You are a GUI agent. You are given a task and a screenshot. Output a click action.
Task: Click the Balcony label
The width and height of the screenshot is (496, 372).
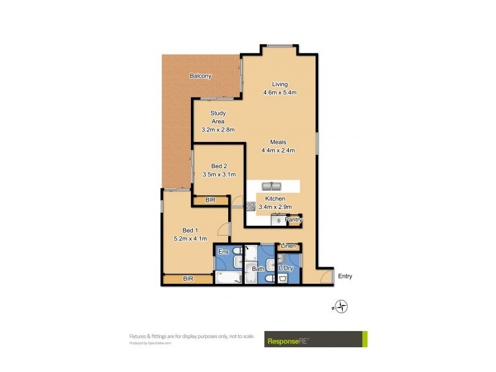[200, 76]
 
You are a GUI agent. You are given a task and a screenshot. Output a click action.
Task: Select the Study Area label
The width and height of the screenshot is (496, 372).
[218, 117]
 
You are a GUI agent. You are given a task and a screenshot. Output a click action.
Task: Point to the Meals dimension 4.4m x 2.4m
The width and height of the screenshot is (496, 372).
[277, 150]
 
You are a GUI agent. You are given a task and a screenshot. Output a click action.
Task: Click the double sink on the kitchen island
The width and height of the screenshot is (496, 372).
[271, 187]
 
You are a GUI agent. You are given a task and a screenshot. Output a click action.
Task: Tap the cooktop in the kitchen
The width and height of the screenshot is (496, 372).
[251, 207]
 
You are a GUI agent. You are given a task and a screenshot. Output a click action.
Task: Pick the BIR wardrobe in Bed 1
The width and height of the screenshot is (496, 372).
[188, 279]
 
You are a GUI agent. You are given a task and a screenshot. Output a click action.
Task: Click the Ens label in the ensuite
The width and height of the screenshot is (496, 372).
[223, 251]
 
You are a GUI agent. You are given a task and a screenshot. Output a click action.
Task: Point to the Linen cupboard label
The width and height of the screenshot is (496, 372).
[288, 247]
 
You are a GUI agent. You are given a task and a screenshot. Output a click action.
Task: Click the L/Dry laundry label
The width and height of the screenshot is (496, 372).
[286, 268]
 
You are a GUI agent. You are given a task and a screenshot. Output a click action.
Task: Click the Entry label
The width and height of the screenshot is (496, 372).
[345, 277]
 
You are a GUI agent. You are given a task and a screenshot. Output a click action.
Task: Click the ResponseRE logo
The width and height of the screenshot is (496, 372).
[315, 339]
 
